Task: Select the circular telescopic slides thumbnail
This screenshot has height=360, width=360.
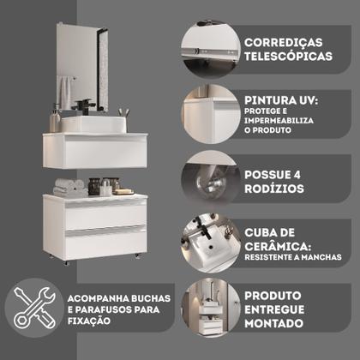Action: tap(209, 49)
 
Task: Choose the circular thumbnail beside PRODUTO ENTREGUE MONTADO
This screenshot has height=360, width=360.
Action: tap(209, 309)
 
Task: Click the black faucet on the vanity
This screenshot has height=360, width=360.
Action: tap(87, 107)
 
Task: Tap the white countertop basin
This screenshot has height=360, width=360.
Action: tap(94, 123)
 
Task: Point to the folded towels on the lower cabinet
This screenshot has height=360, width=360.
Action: tap(69, 185)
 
